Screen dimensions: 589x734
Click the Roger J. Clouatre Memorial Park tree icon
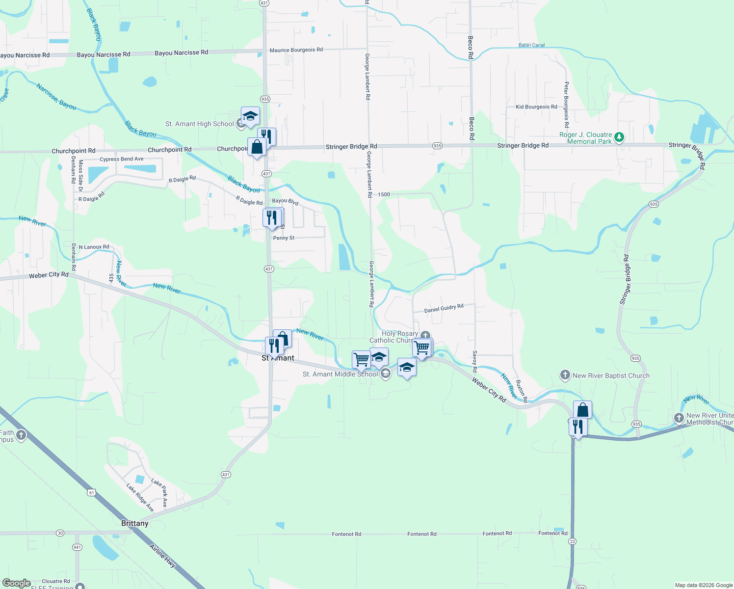coord(619,137)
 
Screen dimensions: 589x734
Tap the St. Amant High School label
coord(199,124)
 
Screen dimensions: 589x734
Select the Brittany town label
coord(135,523)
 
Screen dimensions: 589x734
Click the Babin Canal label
coord(531,45)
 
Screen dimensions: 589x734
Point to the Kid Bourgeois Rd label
coord(536,107)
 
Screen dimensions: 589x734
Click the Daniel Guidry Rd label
coord(444,309)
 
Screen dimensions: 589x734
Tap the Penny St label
coord(284,238)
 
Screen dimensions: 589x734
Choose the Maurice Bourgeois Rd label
coord(296,50)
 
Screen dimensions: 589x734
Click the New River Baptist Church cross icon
coord(565,375)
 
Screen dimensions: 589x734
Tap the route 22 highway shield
coord(573,541)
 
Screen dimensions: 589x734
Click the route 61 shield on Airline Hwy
coord(91,492)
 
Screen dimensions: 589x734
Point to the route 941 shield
coord(77,547)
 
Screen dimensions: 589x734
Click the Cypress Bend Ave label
coord(122,159)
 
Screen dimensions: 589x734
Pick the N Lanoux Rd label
coord(94,247)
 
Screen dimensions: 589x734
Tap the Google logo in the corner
coord(16,583)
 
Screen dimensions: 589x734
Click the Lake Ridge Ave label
coord(140,497)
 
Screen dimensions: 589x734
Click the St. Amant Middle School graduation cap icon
coord(386,374)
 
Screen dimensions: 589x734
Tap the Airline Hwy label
coord(163,556)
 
